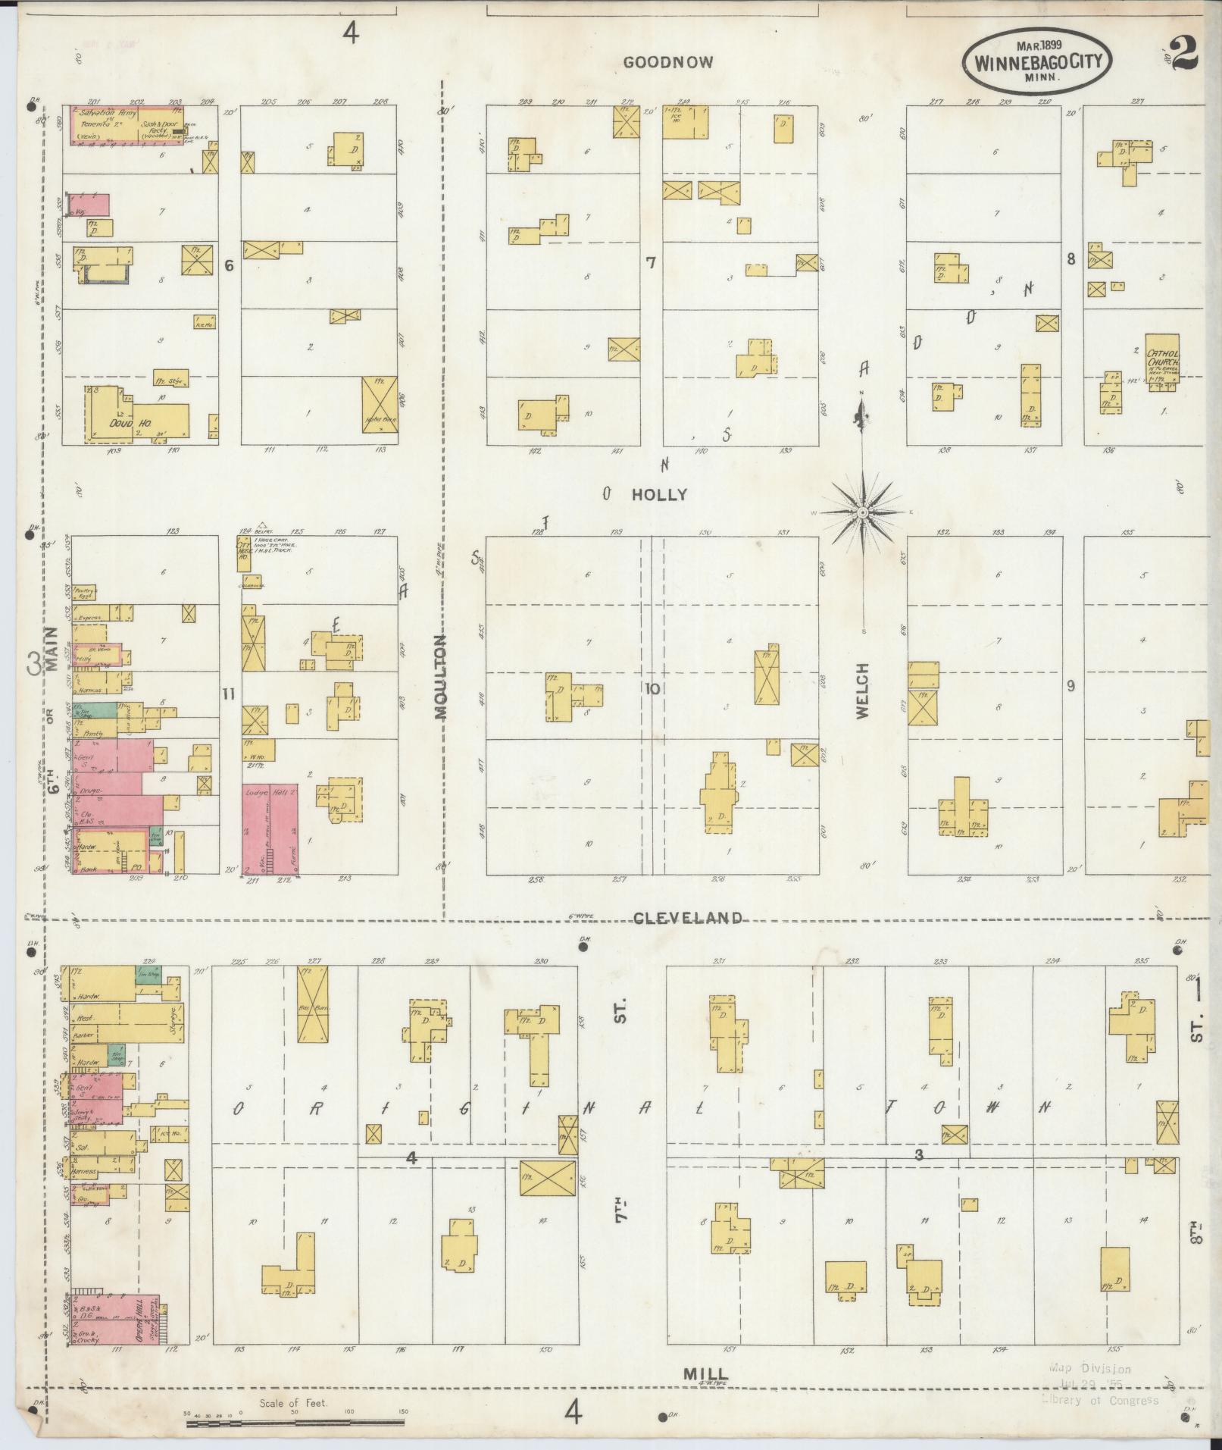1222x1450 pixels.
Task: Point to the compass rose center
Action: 862,513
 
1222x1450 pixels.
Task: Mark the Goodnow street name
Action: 667,63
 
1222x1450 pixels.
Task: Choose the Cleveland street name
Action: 687,918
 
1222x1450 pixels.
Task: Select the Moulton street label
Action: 442,687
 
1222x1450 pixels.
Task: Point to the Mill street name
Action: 705,1373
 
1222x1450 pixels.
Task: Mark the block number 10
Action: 652,688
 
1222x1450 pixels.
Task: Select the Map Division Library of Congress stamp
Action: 1100,1385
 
